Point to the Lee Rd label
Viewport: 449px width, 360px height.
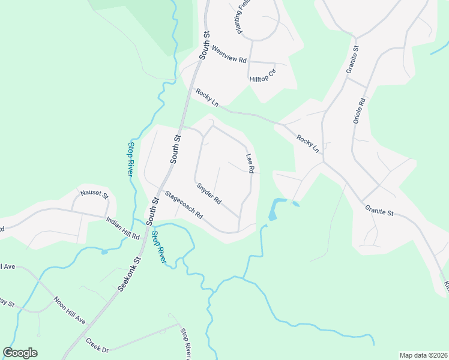coord(250,164)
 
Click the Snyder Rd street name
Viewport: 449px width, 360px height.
coord(209,192)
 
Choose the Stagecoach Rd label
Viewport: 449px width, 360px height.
coord(184,204)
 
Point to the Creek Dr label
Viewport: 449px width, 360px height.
coord(97,345)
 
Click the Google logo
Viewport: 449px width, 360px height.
coord(20,353)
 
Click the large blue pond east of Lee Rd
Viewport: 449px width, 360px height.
coord(274,209)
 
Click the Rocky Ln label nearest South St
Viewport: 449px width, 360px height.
coord(206,98)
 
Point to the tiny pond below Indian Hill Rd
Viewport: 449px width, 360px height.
coord(104,251)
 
